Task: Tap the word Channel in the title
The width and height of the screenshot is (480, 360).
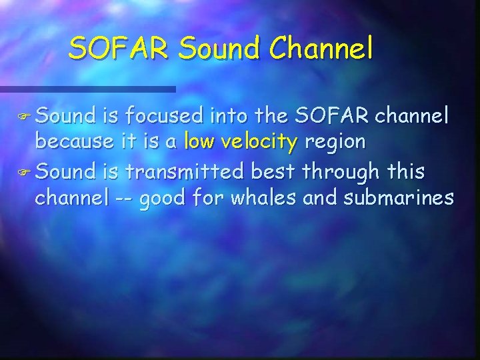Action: point(320,49)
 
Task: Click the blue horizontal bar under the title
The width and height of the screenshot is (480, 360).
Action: point(87,89)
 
